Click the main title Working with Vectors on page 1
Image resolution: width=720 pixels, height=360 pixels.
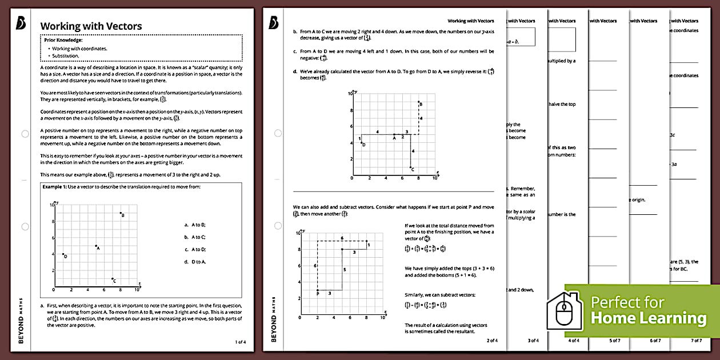coord(91,26)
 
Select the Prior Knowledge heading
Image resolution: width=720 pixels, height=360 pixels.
coord(63,41)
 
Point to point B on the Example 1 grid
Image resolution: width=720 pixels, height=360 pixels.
coord(120,213)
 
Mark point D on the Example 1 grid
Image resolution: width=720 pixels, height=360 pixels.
coord(62,254)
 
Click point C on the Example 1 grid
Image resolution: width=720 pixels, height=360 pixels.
coord(112,279)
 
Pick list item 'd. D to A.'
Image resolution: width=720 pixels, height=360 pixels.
coord(195,262)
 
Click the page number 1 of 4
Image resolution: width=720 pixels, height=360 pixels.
coord(241,342)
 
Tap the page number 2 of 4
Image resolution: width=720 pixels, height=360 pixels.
coord(492,341)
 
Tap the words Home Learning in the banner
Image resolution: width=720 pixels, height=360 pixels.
coord(648,318)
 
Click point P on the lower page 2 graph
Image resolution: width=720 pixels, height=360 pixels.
coord(318,290)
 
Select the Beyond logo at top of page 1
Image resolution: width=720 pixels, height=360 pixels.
coord(22,22)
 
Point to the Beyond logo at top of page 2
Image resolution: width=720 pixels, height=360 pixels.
coord(273,22)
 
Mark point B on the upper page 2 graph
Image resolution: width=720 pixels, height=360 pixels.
coord(419,102)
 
